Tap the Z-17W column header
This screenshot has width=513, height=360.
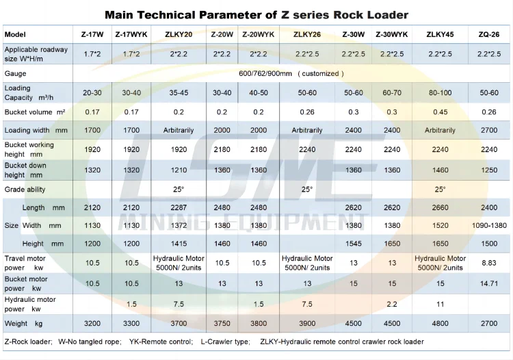tap(92, 34)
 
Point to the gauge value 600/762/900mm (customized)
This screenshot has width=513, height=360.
tap(291, 73)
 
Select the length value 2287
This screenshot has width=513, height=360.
tap(179, 207)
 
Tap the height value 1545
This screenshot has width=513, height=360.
tap(354, 244)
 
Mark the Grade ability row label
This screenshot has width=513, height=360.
tap(25, 188)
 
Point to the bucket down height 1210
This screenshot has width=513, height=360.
tap(179, 170)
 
